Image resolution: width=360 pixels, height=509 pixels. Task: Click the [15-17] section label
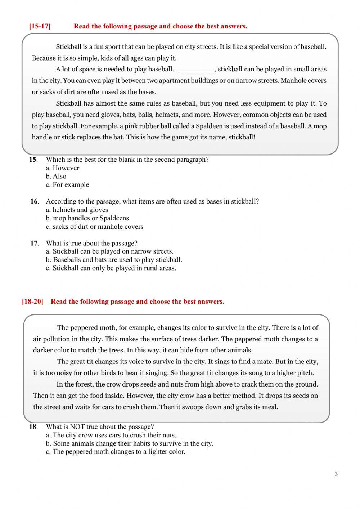pyautogui.click(x=40, y=26)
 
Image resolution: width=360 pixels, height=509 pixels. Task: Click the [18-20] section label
pyautogui.click(x=32, y=302)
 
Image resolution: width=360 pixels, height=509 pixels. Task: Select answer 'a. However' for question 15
pyautogui.click(x=62, y=168)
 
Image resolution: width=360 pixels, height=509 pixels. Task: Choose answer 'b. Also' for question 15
pyautogui.click(x=56, y=176)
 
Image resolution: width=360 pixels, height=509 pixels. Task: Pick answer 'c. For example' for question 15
pyautogui.click(x=67, y=184)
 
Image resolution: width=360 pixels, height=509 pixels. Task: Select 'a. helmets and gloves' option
pyautogui.click(x=77, y=210)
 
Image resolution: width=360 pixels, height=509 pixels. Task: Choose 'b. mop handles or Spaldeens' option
pyautogui.click(x=87, y=218)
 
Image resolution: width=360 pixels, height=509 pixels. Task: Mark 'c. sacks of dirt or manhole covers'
pyautogui.click(x=94, y=227)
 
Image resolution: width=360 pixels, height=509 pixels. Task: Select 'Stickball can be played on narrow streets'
pyautogui.click(x=109, y=251)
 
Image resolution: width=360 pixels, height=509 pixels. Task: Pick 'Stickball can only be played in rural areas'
pyautogui.click(x=111, y=268)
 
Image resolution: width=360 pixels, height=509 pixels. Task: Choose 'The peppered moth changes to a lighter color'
pyautogui.click(x=115, y=452)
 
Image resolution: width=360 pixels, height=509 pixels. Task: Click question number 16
pyautogui.click(x=34, y=201)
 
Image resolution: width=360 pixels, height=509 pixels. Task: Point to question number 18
pyautogui.click(x=33, y=427)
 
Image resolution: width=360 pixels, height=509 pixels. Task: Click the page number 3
pyautogui.click(x=336, y=474)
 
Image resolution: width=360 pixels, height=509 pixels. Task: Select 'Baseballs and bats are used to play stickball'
pyautogui.click(x=114, y=260)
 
